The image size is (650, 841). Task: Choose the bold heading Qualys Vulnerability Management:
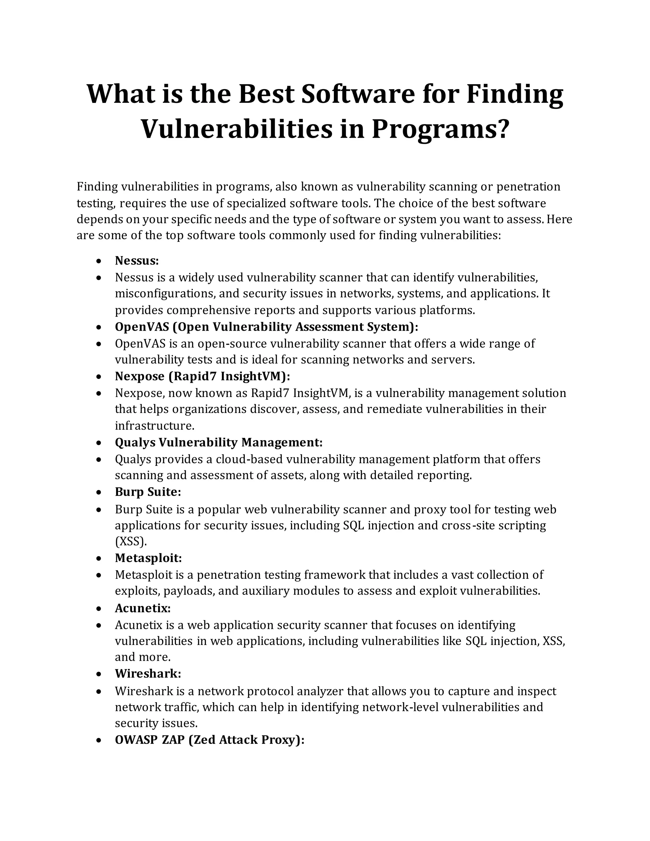[218, 442]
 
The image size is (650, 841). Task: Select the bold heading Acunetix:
[143, 608]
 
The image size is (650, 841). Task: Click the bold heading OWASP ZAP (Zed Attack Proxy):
[209, 740]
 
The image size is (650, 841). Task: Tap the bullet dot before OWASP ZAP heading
[99, 740]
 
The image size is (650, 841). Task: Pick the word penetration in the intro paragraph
[528, 186]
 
